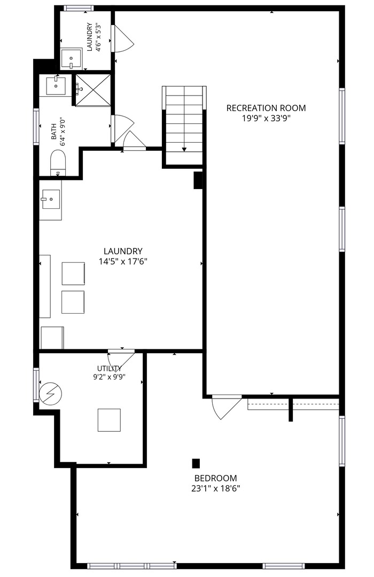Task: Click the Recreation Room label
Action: pyautogui.click(x=266, y=108)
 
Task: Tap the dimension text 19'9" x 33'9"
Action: pyautogui.click(x=266, y=119)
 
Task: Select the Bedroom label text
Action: pyautogui.click(x=216, y=478)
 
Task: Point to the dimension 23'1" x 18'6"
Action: pyautogui.click(x=216, y=489)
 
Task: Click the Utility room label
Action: pyautogui.click(x=110, y=368)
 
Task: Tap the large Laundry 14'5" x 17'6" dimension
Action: pyautogui.click(x=123, y=262)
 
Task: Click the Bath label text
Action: pyautogui.click(x=54, y=131)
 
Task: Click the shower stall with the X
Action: pyautogui.click(x=93, y=90)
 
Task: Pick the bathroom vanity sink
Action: pyautogui.click(x=56, y=85)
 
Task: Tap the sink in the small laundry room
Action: pyautogui.click(x=72, y=59)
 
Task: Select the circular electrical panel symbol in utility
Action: pyautogui.click(x=50, y=394)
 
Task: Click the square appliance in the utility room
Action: pyautogui.click(x=109, y=420)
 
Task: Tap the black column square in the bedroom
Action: pyautogui.click(x=196, y=464)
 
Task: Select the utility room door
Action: pyautogui.click(x=121, y=360)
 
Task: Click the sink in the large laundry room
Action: pyautogui.click(x=51, y=199)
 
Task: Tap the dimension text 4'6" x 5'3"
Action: pyautogui.click(x=98, y=37)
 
